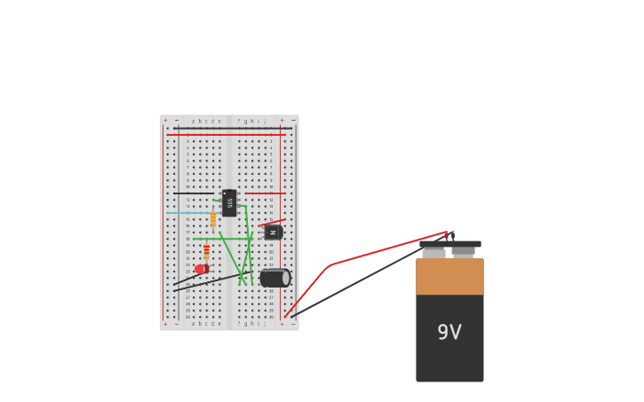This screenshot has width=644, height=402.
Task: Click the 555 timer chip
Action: click(x=229, y=203)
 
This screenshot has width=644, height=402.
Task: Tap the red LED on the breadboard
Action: click(x=202, y=269)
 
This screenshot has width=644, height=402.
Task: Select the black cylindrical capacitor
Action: click(x=274, y=278)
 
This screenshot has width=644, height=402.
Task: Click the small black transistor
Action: click(x=273, y=233)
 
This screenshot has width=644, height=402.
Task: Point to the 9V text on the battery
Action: click(x=449, y=333)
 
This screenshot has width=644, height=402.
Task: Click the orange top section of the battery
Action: click(x=449, y=277)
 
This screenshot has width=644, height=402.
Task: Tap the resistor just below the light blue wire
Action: click(x=213, y=219)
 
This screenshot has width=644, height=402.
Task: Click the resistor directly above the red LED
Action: click(x=207, y=251)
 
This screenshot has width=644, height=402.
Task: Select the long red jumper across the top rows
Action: click(x=227, y=135)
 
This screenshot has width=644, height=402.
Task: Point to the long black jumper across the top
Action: click(x=233, y=128)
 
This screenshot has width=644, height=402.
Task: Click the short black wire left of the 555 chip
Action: click(x=194, y=193)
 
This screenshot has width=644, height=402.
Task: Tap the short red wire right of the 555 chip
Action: click(x=265, y=193)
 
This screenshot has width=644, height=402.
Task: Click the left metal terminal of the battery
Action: click(x=433, y=254)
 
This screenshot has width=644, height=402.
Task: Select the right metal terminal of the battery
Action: click(x=463, y=253)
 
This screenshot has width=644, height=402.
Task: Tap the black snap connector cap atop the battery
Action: click(x=450, y=244)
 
